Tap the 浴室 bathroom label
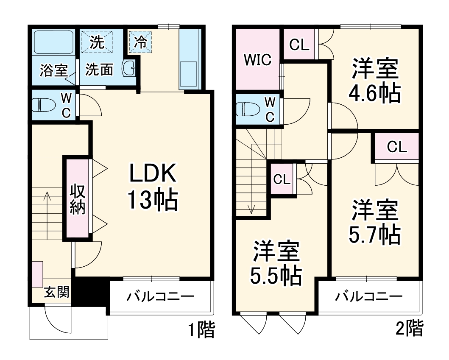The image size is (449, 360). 53,70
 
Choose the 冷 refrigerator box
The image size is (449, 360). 140,41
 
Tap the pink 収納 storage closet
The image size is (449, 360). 78,199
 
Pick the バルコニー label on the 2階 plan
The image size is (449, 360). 368,296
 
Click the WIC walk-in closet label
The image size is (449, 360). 257,60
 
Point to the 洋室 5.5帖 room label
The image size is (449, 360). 276,263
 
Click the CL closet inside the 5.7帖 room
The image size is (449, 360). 397,147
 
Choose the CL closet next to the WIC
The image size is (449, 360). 299,45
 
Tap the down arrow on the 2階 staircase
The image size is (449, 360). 252,208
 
